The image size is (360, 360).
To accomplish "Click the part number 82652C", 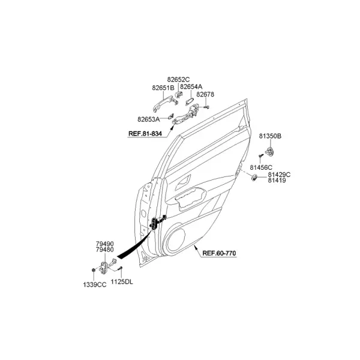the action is point(178,79).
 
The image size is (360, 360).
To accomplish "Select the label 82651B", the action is point(163,88).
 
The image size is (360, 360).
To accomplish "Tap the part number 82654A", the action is point(191,86).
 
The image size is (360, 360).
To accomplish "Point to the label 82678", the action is point(205,94).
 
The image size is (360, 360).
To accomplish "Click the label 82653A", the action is point(149,119).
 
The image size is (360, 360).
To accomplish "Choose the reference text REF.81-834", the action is point(145,134).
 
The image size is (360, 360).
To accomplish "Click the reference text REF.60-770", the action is point(219,253).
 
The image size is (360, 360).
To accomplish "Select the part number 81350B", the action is point(270,136).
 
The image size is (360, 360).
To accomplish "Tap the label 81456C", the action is point(261,167).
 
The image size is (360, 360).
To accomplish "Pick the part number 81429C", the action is point(279,175).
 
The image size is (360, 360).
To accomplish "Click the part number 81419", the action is point(277,181).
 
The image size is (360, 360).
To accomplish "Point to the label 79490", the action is point(104,244).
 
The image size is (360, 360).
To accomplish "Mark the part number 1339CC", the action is point(95,284).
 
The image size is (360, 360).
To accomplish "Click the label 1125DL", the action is point(122,282).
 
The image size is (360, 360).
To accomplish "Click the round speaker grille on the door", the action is point(176,240).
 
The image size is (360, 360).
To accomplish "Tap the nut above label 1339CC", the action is point(94,270).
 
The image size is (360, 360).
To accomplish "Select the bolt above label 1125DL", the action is point(121,268).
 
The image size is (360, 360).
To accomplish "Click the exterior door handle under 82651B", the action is point(166,103).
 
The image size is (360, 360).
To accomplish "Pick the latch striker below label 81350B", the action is point(270,152).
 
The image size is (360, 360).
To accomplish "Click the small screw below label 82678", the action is point(206,107).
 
